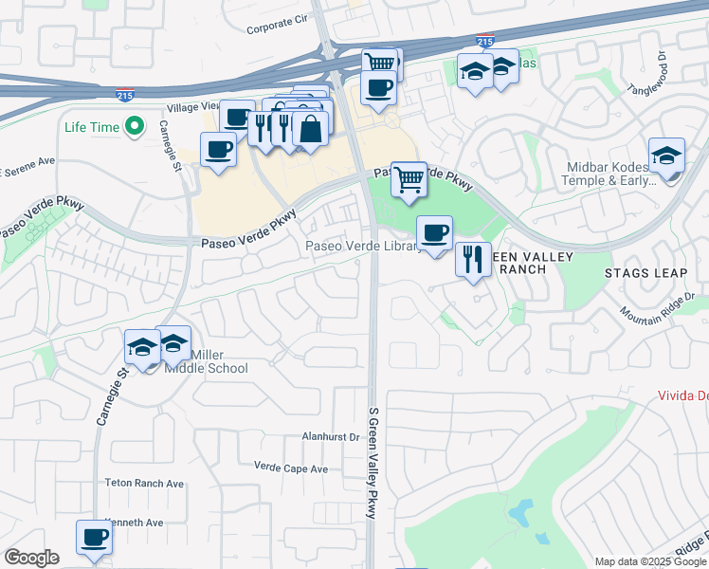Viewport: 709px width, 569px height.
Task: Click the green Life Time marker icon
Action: click(x=135, y=125)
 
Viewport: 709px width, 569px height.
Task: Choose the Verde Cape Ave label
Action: click(x=291, y=468)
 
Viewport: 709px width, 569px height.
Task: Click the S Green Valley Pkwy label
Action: click(x=373, y=463)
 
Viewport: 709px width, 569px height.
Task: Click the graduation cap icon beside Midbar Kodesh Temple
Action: click(x=666, y=156)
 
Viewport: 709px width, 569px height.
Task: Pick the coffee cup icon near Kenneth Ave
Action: click(x=94, y=537)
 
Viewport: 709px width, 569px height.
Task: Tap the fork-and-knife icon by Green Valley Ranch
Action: click(x=473, y=258)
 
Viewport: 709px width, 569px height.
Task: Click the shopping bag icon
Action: click(x=311, y=128)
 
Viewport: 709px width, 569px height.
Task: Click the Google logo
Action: click(x=31, y=558)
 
